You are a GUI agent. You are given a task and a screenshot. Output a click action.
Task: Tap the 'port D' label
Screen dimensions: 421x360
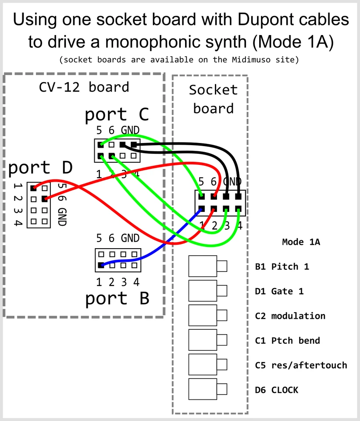(40, 168)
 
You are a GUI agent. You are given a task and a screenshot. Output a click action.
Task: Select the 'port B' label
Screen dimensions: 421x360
(117, 298)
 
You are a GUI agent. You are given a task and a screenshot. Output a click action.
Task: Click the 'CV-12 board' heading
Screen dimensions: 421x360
(84, 87)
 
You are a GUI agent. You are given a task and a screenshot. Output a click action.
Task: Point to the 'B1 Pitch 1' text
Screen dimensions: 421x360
(282, 267)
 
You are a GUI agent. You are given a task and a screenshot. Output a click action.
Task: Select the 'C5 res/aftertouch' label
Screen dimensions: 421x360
(301, 365)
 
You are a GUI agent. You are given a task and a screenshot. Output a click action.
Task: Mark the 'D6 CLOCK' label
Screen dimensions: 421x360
(276, 390)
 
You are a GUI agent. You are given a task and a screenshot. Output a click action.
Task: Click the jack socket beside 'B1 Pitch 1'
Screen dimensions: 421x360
(203, 266)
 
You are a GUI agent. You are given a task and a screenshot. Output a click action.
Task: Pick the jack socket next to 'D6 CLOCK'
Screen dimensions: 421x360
(203, 389)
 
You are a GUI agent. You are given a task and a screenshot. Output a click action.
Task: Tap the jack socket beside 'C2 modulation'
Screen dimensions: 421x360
(203, 315)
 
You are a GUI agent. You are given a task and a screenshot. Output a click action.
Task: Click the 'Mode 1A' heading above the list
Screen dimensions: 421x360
(301, 242)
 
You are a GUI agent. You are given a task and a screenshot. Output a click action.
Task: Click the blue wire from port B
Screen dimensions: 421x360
(145, 259)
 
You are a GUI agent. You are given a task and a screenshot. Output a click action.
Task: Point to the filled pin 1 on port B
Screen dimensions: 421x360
(101, 265)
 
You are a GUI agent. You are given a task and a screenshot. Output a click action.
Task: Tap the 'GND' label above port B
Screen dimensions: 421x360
(130, 238)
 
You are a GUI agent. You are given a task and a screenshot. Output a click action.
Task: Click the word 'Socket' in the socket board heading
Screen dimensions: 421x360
(213, 90)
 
